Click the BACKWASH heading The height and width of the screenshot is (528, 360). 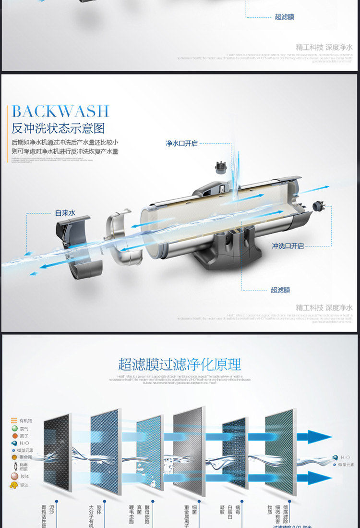(61, 111)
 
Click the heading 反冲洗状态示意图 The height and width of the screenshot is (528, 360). (58, 128)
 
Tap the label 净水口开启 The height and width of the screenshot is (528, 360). (182, 143)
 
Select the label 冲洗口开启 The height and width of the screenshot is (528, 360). (288, 246)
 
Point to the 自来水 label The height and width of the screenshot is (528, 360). (65, 213)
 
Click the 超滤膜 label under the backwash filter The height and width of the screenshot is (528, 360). (280, 290)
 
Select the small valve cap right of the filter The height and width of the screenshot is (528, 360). (319, 207)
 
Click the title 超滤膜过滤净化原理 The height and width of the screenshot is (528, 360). (180, 364)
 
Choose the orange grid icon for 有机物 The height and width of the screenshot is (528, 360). (14, 421)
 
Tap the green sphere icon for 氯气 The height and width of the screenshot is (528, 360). (14, 429)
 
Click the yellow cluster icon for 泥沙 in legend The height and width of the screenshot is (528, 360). (13, 485)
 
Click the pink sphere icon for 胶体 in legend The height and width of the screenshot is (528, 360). (14, 476)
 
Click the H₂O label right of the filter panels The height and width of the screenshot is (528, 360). (345, 457)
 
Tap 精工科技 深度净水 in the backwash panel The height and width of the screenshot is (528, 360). (324, 307)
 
